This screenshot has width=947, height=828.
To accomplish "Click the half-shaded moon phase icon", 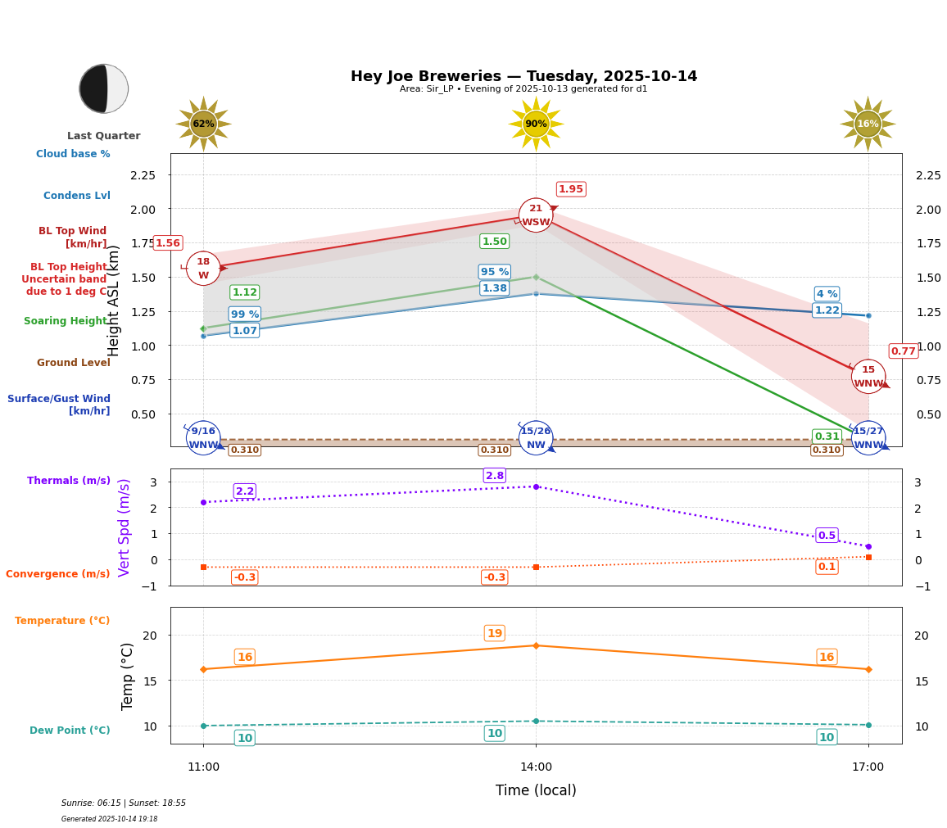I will coord(104,88).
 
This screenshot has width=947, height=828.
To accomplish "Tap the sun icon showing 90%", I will coord(536,124).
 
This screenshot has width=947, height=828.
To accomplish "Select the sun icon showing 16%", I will coord(868,124).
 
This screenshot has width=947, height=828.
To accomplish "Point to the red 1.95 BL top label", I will coord(571,189).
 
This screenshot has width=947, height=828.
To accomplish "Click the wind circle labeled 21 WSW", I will coord(536,215).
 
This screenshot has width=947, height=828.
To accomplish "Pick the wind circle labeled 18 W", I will coord(203,269).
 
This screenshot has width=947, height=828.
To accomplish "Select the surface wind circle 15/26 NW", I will coord(536,438).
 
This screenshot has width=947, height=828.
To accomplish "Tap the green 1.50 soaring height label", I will coord(495,242).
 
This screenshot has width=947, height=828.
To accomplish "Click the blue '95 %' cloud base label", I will coord(495,272).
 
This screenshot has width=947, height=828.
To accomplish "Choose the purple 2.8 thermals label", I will coord(495,476).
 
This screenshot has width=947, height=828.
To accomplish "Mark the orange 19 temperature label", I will coord(495,633).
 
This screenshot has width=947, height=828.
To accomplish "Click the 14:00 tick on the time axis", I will coord(536,767).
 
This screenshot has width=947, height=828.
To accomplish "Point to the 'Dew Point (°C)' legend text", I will coord(70,731).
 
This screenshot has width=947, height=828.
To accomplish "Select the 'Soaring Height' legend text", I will coord(66,321).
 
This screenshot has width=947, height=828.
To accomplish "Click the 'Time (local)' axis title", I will coord(536,790).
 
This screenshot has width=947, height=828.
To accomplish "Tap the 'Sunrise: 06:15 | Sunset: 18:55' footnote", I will coord(124,803).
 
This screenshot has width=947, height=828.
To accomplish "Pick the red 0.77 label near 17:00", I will coord(904,351).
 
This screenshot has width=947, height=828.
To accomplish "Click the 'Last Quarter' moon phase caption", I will coord(103,136).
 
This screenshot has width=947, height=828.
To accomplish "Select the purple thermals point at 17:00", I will coord(868,546).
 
